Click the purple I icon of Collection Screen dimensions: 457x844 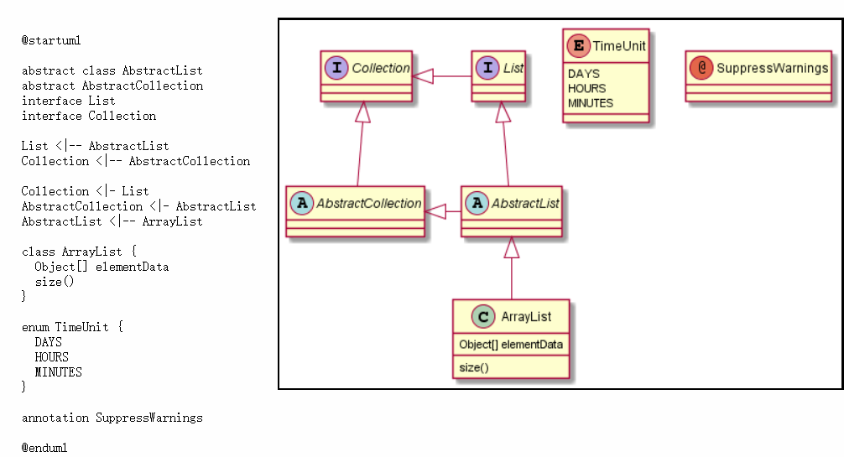tap(336, 68)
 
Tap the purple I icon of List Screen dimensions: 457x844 tap(487, 68)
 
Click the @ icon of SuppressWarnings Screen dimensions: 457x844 tap(701, 68)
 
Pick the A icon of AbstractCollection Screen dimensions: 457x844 tap(301, 203)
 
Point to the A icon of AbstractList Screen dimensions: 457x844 tap(477, 203)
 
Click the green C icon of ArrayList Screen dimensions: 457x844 tap(483, 316)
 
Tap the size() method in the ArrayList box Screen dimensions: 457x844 tap(474, 367)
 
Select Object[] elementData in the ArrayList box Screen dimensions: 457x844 tap(511, 344)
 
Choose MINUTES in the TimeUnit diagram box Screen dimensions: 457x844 tap(591, 103)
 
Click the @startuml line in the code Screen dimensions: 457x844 tap(51, 40)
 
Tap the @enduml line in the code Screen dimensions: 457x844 tap(44, 448)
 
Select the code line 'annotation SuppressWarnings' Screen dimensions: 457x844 tap(112, 418)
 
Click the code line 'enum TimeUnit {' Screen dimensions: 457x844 tap(72, 327)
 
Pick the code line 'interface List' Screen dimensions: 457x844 tap(69, 101)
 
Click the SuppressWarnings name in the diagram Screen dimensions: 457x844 tap(772, 69)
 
